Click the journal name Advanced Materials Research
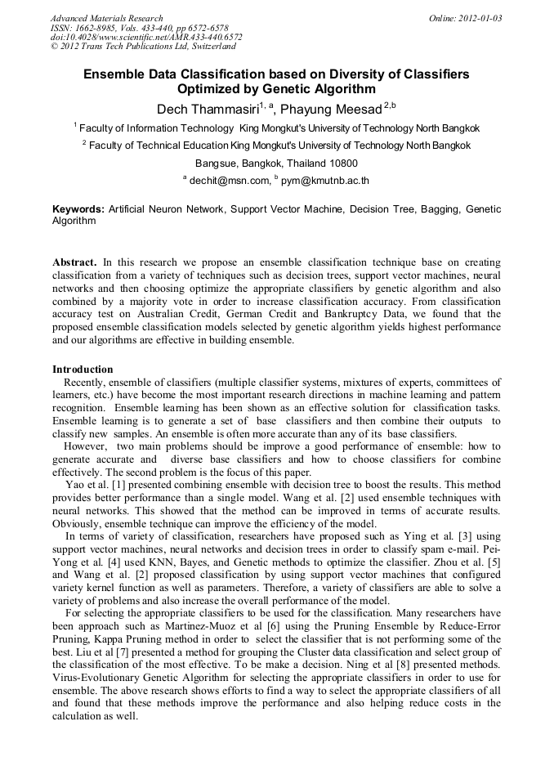point(106,18)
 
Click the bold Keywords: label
point(78,209)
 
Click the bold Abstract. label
point(75,262)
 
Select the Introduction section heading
point(83,370)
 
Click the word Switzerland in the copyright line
point(211,47)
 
